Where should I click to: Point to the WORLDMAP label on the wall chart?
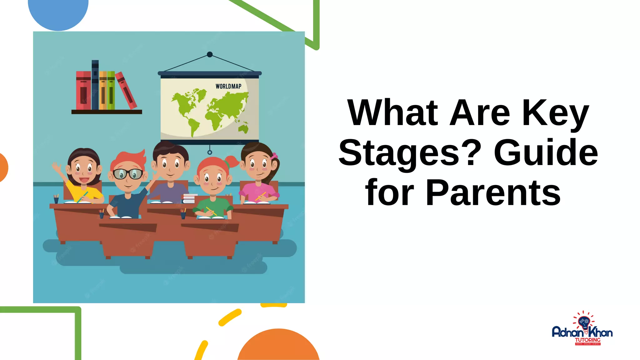click(x=228, y=86)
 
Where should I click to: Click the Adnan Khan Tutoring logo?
click(x=582, y=330)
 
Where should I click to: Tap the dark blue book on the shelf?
click(x=95, y=85)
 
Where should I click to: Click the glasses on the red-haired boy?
click(x=127, y=174)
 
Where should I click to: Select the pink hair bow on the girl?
click(x=274, y=156)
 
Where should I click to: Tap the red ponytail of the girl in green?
click(x=232, y=162)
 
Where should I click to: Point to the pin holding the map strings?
click(x=210, y=54)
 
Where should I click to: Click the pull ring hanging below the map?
click(x=210, y=152)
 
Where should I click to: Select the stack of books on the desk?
click(x=189, y=198)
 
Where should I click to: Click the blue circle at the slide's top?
click(x=58, y=12)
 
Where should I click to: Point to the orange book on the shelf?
click(x=103, y=90)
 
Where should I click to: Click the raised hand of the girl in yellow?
click(x=57, y=168)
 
